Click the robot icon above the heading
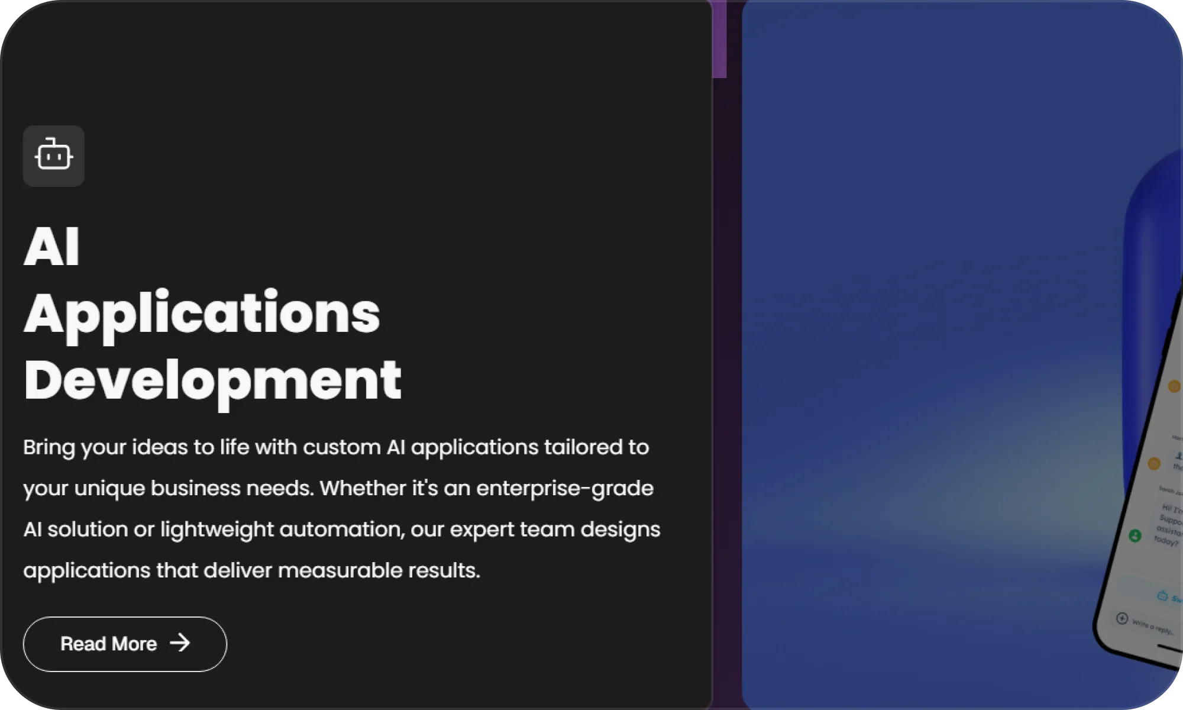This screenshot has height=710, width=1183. pyautogui.click(x=54, y=156)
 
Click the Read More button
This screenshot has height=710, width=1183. pyautogui.click(x=125, y=644)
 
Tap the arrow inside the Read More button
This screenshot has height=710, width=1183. pyautogui.click(x=180, y=643)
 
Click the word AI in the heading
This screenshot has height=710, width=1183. pyautogui.click(x=51, y=247)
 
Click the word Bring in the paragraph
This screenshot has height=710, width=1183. pyautogui.click(x=49, y=447)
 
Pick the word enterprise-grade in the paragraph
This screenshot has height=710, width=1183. pyautogui.click(x=565, y=489)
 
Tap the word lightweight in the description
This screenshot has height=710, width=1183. pyautogui.click(x=217, y=530)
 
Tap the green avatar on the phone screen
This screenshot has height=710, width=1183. pyautogui.click(x=1134, y=535)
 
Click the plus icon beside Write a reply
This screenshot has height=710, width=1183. pyautogui.click(x=1121, y=618)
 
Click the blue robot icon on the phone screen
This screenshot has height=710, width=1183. pyautogui.click(x=1162, y=595)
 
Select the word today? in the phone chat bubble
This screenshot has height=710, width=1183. pyautogui.click(x=1166, y=541)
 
